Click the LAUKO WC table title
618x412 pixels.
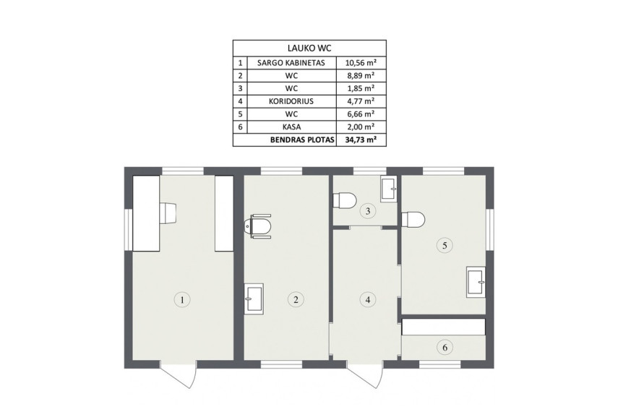click(x=309, y=48)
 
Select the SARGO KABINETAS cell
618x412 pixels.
click(x=291, y=63)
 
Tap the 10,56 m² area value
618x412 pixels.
click(x=360, y=62)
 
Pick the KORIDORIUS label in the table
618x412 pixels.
click(x=291, y=101)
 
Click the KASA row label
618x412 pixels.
click(x=291, y=127)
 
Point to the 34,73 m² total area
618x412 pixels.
click(x=360, y=140)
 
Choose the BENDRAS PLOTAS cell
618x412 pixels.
click(x=302, y=140)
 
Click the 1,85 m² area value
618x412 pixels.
click(x=360, y=88)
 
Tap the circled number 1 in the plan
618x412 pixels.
click(x=182, y=300)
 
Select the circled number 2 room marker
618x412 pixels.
click(x=296, y=300)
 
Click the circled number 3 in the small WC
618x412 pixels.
click(x=368, y=211)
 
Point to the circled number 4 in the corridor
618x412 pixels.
click(x=368, y=300)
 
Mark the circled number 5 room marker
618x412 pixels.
click(x=445, y=245)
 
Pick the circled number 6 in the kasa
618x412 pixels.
click(x=445, y=348)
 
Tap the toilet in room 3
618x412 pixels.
click(x=345, y=200)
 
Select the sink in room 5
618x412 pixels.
click(x=476, y=282)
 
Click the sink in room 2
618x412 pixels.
click(x=254, y=299)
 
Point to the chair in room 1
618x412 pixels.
click(x=167, y=213)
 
